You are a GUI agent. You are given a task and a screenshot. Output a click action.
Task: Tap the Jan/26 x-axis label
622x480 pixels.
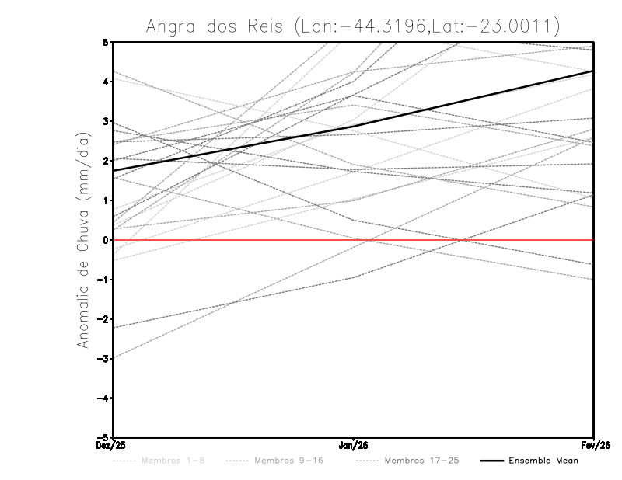pyautogui.click(x=354, y=445)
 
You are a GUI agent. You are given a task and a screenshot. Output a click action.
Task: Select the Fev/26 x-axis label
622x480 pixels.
pyautogui.click(x=593, y=445)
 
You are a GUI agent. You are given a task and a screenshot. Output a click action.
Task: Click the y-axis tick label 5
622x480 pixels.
pyautogui.click(x=106, y=42)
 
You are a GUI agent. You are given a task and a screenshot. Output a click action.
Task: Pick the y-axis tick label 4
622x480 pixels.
pyautogui.click(x=106, y=82)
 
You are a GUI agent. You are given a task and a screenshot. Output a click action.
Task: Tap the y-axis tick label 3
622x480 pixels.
pyautogui.click(x=106, y=121)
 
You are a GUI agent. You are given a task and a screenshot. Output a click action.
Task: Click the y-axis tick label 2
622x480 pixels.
pyautogui.click(x=106, y=161)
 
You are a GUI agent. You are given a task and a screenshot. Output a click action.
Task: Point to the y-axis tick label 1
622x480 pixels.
pyautogui.click(x=106, y=200)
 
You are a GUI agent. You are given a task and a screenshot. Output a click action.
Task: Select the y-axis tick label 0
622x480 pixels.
pyautogui.click(x=106, y=240)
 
